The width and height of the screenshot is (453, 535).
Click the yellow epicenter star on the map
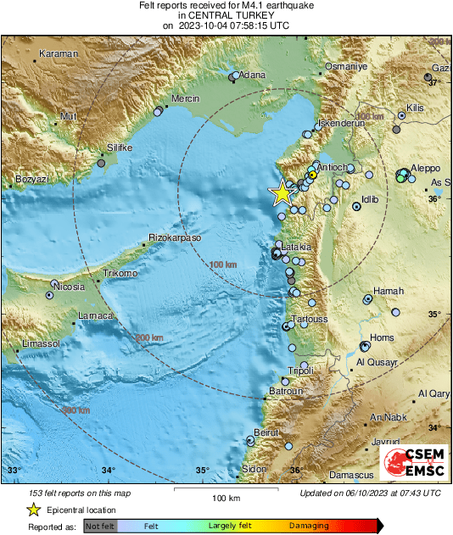click(x=282, y=193)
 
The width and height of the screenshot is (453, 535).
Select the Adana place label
click(x=252, y=75)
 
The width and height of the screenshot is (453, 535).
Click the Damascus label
click(x=376, y=476)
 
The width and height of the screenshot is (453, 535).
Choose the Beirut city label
click(x=267, y=432)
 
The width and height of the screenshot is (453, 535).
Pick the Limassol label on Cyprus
click(x=41, y=343)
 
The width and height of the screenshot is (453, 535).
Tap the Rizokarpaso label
click(x=175, y=238)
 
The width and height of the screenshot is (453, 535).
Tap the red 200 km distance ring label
click(x=149, y=337)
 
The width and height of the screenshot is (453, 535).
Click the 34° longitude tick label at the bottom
click(x=108, y=471)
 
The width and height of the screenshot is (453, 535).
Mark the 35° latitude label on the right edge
click(x=433, y=315)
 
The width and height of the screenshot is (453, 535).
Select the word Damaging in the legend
click(x=310, y=526)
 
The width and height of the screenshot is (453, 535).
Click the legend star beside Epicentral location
click(x=33, y=510)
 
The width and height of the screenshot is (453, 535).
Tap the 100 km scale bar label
click(x=225, y=497)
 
